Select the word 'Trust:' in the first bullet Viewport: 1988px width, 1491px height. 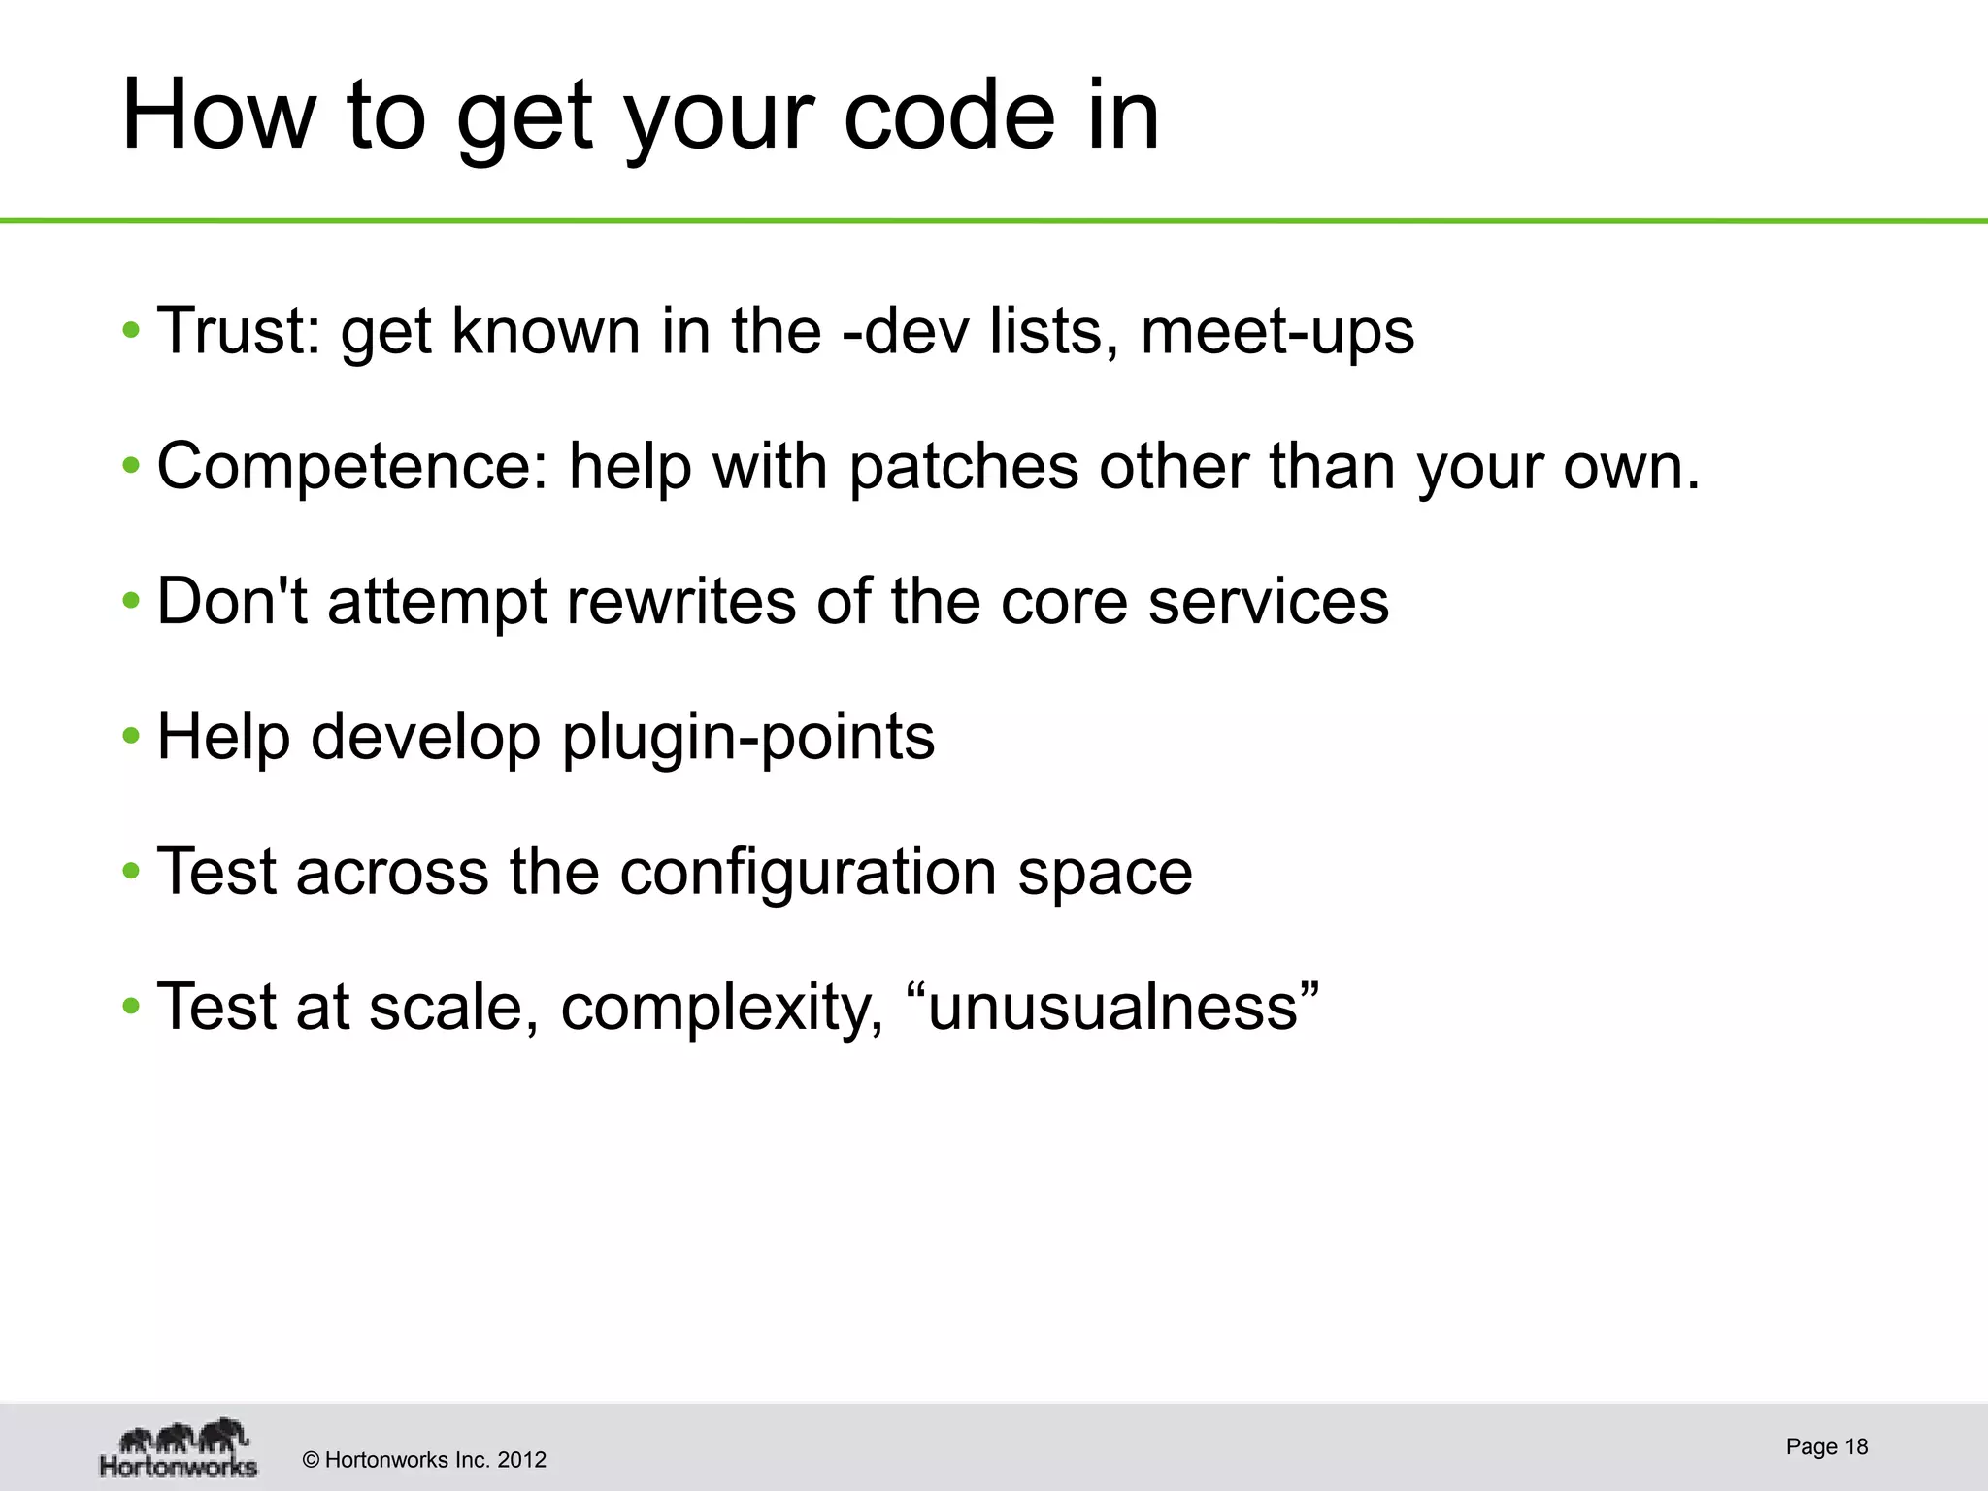coord(239,331)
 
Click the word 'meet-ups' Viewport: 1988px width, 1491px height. coord(1277,333)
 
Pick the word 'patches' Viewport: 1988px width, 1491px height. coord(963,467)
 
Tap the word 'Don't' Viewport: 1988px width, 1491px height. coord(232,601)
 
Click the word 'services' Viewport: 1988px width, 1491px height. coord(1269,601)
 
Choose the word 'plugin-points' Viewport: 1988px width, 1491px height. coord(748,738)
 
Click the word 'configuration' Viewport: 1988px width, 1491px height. coord(808,873)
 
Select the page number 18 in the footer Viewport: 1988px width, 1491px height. coord(1856,1446)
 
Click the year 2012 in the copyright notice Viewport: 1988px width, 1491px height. coord(521,1460)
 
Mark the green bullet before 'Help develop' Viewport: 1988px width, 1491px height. coord(131,737)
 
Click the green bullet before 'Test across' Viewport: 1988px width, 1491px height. coord(131,872)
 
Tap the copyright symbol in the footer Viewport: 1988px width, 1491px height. coord(312,1460)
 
